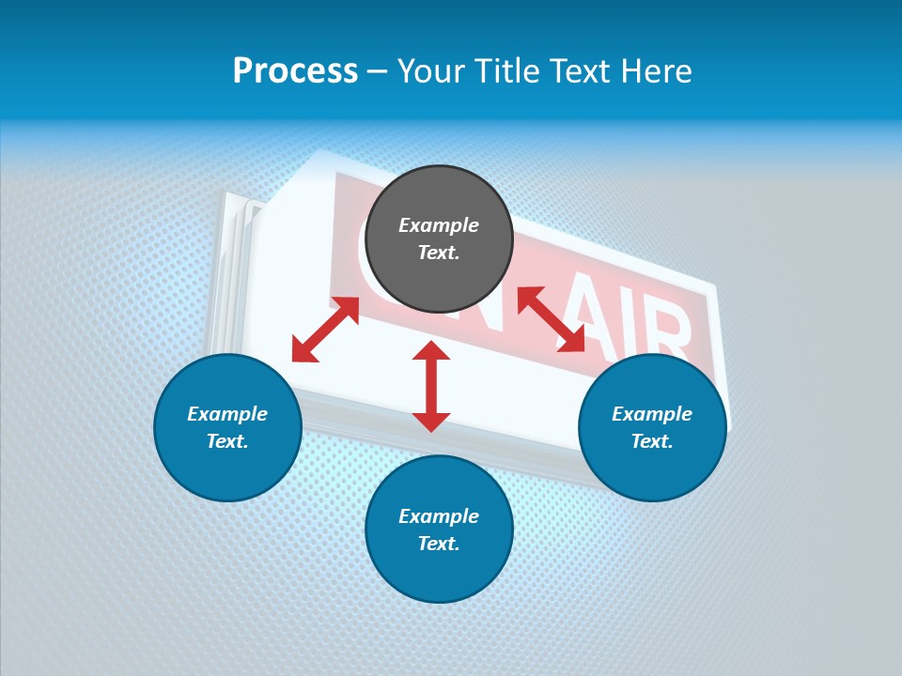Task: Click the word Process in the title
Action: coord(295,71)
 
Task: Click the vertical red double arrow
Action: coord(431,386)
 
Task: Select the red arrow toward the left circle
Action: coord(325,330)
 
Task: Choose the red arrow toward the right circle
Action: coord(552,319)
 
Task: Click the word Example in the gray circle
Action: coord(439,225)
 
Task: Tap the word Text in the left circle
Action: coord(227,441)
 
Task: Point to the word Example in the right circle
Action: coord(652,414)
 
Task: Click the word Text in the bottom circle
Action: coord(439,544)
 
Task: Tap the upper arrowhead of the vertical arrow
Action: coord(431,352)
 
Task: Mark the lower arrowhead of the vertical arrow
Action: coord(431,421)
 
